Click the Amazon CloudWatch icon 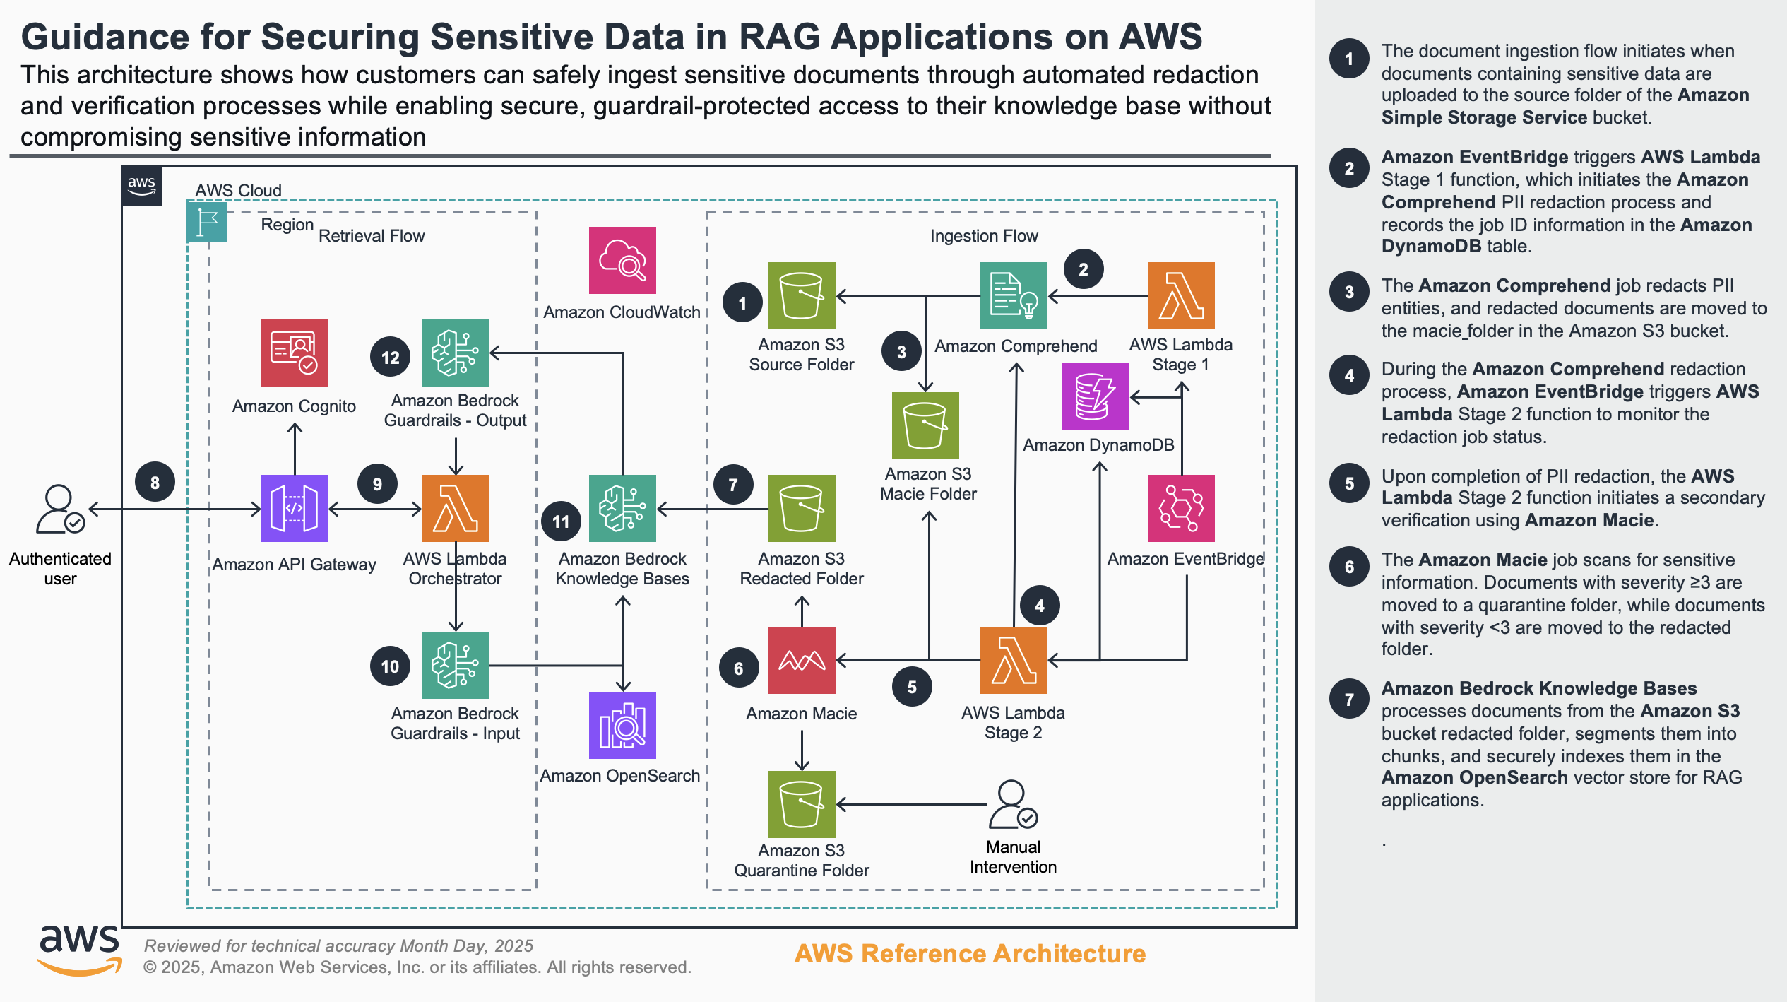click(622, 260)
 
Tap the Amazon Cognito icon click(294, 353)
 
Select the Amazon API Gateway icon click(294, 508)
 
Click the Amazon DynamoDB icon click(1096, 397)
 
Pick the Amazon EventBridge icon click(1181, 508)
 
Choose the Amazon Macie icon click(802, 660)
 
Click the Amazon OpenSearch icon click(622, 725)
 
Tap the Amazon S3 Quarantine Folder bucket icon click(802, 804)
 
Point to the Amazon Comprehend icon click(1014, 295)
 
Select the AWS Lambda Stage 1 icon click(1181, 295)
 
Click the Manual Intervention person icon click(1013, 804)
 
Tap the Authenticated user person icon click(60, 509)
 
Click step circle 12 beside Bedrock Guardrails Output click(390, 358)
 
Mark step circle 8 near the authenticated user click(155, 483)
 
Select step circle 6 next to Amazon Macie click(739, 668)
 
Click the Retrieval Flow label click(372, 236)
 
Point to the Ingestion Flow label click(984, 236)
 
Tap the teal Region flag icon click(207, 222)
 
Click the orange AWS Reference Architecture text click(970, 953)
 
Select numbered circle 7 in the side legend click(1349, 699)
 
